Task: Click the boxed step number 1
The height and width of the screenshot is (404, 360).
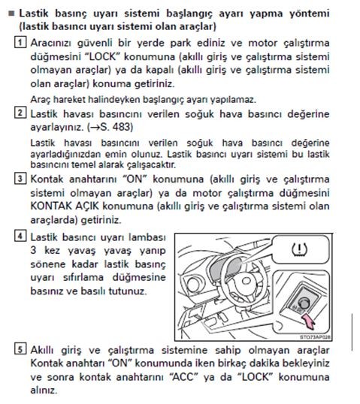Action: tap(20, 42)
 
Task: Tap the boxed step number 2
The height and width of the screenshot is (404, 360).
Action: tap(20, 113)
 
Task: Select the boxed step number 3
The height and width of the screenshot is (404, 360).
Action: tap(20, 179)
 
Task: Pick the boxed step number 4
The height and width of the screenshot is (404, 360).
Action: tap(20, 236)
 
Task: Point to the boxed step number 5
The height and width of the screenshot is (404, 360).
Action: tap(20, 349)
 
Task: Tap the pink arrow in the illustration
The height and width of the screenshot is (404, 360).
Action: tap(309, 321)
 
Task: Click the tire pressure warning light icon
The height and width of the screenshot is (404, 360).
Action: tap(299, 249)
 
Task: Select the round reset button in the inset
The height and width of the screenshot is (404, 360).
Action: tap(304, 303)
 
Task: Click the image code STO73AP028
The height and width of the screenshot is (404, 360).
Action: tap(315, 337)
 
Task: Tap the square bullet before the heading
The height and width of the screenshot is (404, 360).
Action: tap(11, 13)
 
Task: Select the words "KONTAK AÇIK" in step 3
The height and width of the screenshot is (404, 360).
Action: tap(65, 206)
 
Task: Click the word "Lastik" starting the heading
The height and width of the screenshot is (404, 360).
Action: tap(34, 13)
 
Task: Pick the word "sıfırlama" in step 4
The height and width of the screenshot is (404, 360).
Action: tap(83, 278)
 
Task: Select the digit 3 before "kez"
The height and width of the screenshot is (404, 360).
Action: tap(34, 250)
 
